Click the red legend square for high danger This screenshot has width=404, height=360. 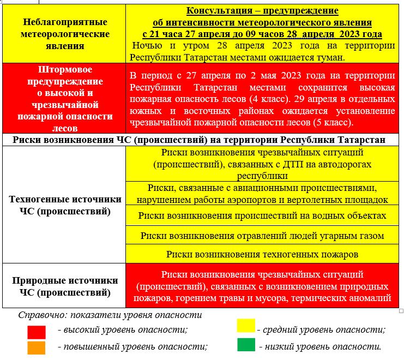pos(37,331)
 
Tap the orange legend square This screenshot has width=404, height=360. pos(37,347)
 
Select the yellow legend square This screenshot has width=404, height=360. pos(246,326)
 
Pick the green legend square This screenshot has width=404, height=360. pos(246,345)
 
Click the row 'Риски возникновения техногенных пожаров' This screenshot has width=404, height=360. pos(262,255)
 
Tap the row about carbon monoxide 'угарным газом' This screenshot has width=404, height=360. pos(262,236)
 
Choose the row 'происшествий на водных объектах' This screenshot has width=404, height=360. pos(262,215)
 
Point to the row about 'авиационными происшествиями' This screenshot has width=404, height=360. pos(262,194)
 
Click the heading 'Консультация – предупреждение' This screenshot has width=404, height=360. pos(262,11)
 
